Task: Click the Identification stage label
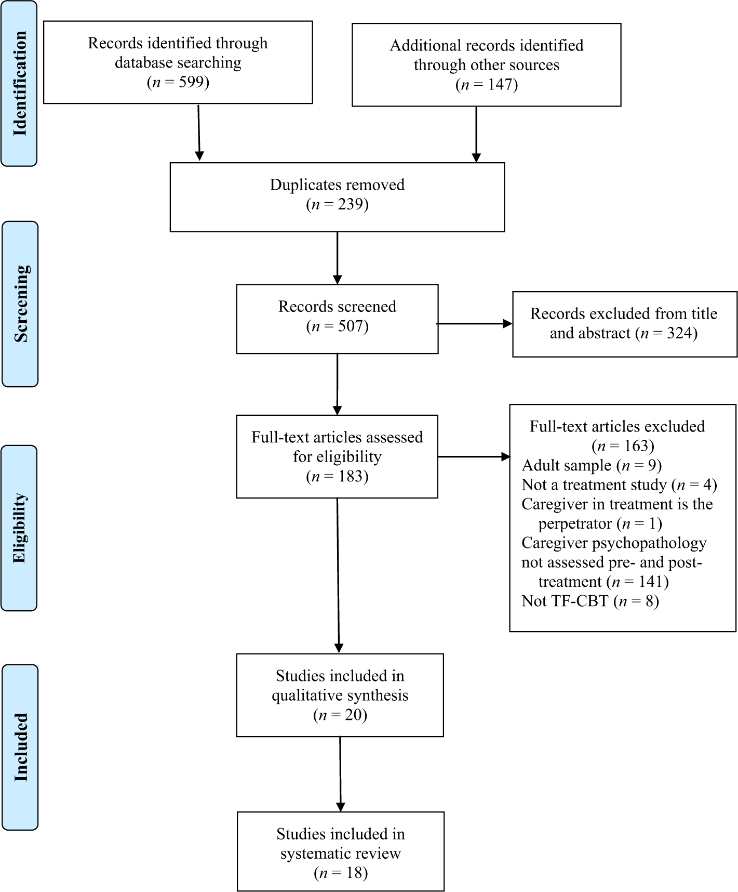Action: pyautogui.click(x=20, y=83)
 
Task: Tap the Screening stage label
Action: pyautogui.click(x=21, y=304)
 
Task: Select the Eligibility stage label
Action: pyautogui.click(x=19, y=528)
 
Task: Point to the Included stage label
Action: pyautogui.click(x=20, y=747)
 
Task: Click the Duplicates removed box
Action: pyautogui.click(x=337, y=197)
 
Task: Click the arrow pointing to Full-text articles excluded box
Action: pyautogui.click(x=474, y=457)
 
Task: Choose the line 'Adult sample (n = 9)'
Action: pyautogui.click(x=592, y=465)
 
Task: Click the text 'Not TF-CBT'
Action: pyautogui.click(x=565, y=601)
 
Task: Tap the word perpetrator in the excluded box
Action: pyautogui.click(x=575, y=523)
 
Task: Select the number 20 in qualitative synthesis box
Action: pyautogui.click(x=356, y=715)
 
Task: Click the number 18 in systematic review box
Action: pyautogui.click(x=356, y=873)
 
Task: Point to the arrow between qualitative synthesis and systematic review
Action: pyautogui.click(x=340, y=774)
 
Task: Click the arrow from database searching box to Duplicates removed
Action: pyautogui.click(x=199, y=133)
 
